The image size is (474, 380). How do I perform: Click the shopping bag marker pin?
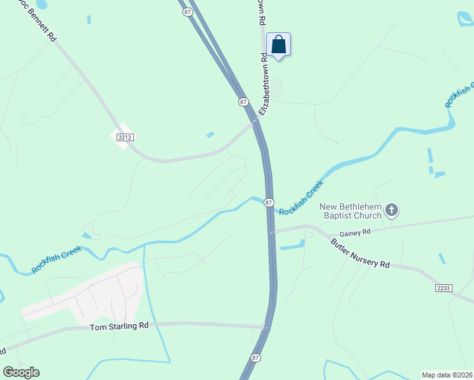point(278,45)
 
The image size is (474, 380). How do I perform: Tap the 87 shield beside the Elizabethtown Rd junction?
point(243,101)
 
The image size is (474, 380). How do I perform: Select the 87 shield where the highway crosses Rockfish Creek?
point(269,203)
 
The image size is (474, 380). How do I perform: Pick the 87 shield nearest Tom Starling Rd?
point(255,358)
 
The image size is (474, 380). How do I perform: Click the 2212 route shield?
point(124,137)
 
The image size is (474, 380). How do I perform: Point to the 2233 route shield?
point(444,288)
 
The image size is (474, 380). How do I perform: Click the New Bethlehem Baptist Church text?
point(350,211)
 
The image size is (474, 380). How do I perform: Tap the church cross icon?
point(392,210)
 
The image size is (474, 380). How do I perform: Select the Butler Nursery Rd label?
point(360,254)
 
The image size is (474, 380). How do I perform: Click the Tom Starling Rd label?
point(119,326)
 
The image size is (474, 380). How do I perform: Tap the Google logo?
point(21,372)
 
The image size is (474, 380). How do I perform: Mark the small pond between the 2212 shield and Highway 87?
point(210,134)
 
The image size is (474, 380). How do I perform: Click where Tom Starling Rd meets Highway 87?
point(266,327)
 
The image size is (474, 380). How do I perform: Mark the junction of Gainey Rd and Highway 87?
point(272,232)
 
